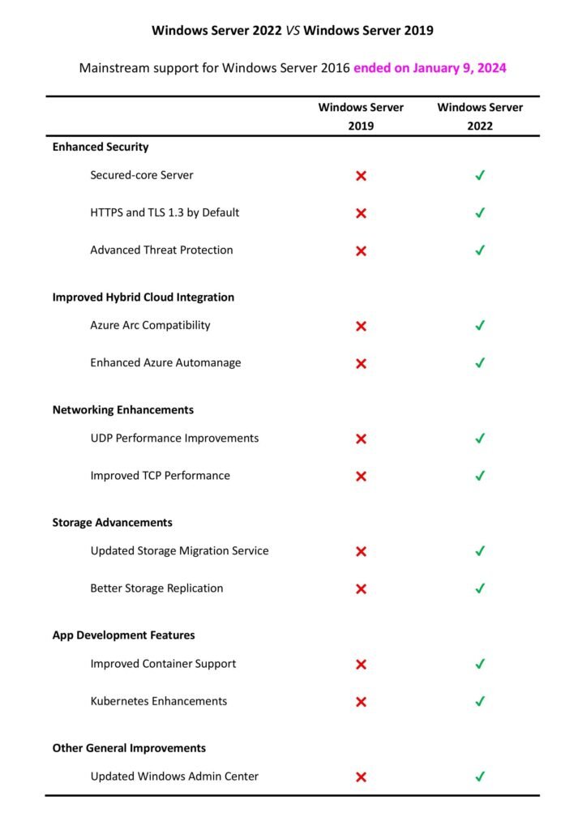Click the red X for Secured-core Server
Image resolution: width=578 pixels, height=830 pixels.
pyautogui.click(x=362, y=176)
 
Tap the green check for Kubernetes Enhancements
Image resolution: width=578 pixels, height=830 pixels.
pyautogui.click(x=480, y=701)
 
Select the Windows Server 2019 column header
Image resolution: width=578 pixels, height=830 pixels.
pyautogui.click(x=361, y=116)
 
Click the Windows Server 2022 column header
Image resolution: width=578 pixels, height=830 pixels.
pyautogui.click(x=480, y=116)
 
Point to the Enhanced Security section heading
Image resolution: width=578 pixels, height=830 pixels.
pyautogui.click(x=101, y=147)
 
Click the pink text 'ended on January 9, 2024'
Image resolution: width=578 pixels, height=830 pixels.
pyautogui.click(x=430, y=68)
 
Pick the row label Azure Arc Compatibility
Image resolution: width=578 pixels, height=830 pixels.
pyautogui.click(x=150, y=325)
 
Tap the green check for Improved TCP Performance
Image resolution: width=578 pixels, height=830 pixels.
pyautogui.click(x=480, y=476)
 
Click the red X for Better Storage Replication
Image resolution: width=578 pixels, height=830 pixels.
pyautogui.click(x=362, y=589)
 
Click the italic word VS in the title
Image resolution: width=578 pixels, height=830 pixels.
pyautogui.click(x=293, y=31)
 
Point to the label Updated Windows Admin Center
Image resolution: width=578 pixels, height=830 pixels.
pyautogui.click(x=174, y=777)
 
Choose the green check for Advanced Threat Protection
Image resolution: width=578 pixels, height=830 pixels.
pyautogui.click(x=480, y=250)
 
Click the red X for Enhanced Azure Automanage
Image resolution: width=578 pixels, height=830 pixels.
pyautogui.click(x=362, y=364)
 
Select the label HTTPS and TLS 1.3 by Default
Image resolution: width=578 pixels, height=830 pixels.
pyautogui.click(x=165, y=213)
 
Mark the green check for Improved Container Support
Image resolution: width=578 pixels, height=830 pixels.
pyautogui.click(x=480, y=664)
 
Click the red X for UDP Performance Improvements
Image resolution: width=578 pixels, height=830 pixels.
pyautogui.click(x=362, y=439)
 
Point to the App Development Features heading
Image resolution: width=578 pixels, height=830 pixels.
pyautogui.click(x=123, y=635)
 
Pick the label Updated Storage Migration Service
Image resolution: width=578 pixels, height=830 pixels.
pyautogui.click(x=179, y=551)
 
